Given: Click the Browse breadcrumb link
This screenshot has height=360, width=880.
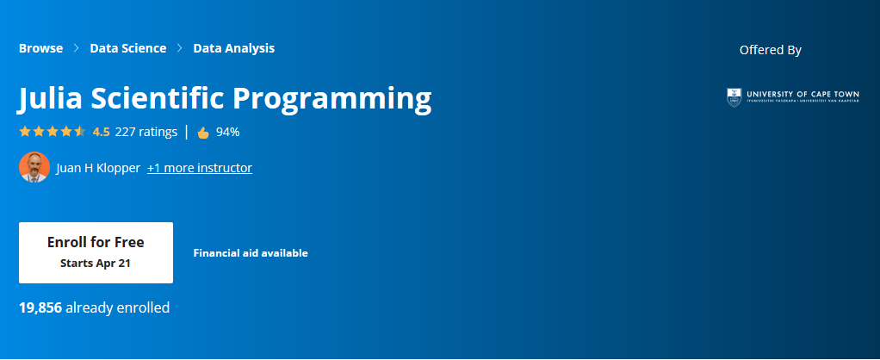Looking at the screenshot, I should coord(40,48).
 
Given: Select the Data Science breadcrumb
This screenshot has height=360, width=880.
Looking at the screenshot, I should coord(127,48).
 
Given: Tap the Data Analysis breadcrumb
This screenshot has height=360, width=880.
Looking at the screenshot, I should coord(233,48).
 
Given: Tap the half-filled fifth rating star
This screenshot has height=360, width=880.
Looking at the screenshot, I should coord(80,132).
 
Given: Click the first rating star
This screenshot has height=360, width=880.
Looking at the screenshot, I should coord(25,132).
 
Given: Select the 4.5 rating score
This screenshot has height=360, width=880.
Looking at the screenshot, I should coord(101,132).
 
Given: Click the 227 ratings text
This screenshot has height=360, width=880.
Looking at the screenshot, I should coord(146,132).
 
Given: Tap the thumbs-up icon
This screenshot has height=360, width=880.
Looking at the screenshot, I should coord(203,133).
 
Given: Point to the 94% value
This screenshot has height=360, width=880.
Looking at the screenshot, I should coord(227,132).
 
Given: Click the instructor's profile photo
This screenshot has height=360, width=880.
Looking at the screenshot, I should coord(34,167).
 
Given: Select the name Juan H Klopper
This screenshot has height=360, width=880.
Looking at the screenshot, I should coord(97,168).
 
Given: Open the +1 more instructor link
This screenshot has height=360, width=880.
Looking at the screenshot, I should coord(199,168).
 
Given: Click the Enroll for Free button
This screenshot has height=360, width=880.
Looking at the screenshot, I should coord(96,251).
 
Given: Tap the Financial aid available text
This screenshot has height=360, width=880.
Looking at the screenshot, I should coord(251,253).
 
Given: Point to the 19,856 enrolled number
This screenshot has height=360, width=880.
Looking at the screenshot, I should coord(40,307).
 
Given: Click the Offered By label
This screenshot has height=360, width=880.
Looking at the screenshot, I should coord(770,50).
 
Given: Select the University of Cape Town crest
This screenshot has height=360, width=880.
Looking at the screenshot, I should coord(734,96).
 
